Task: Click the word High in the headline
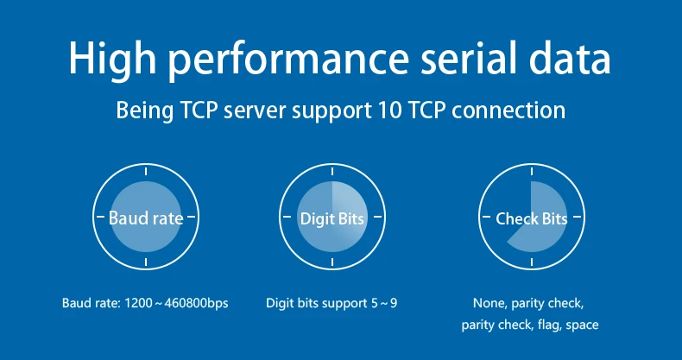point(110,59)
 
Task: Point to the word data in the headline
point(573,59)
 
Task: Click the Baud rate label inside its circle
point(146,218)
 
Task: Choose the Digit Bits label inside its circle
point(332,218)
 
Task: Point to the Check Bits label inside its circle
point(531,218)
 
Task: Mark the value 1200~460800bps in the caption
point(177,304)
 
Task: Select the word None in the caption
point(489,304)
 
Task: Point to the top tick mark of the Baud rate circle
point(146,174)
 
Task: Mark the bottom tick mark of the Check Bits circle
point(531,262)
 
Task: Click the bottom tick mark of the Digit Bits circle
point(332,262)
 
